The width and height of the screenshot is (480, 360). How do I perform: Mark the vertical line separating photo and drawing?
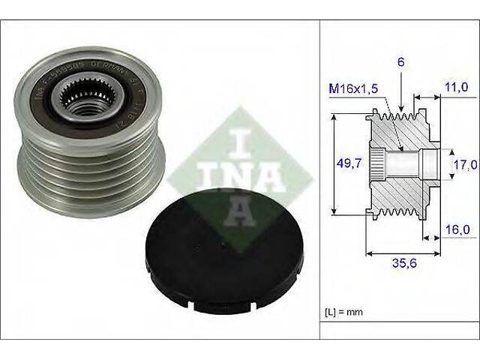(x=320, y=180)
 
